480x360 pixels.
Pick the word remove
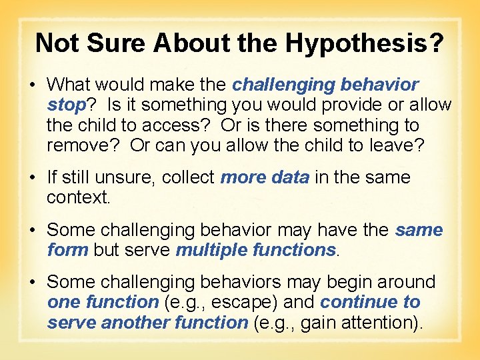pos(83,145)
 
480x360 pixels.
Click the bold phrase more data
pos(265,177)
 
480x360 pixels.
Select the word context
pos(77,197)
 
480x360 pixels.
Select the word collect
pos(188,177)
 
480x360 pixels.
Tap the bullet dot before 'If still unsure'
pos(37,178)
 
